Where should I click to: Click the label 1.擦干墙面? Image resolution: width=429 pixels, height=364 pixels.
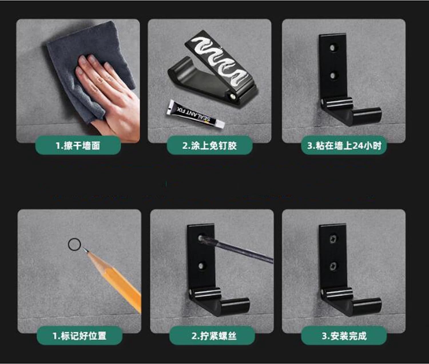coord(78,146)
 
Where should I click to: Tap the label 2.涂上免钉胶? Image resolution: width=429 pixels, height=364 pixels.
coord(210,146)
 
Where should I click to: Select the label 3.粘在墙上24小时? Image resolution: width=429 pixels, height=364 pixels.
coord(344,146)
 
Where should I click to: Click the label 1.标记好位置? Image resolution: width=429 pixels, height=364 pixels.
coord(80,336)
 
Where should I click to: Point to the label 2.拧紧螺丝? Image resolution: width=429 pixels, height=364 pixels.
coord(214,336)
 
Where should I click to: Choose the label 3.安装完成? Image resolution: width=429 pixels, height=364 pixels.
coord(344,336)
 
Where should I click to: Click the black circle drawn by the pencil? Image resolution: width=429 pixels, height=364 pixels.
coord(74,245)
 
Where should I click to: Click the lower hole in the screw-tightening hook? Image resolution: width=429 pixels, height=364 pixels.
coord(201,266)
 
